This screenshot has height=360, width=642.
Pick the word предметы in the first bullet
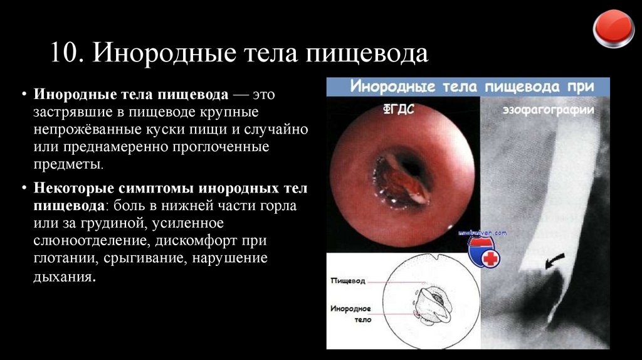point(67,164)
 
